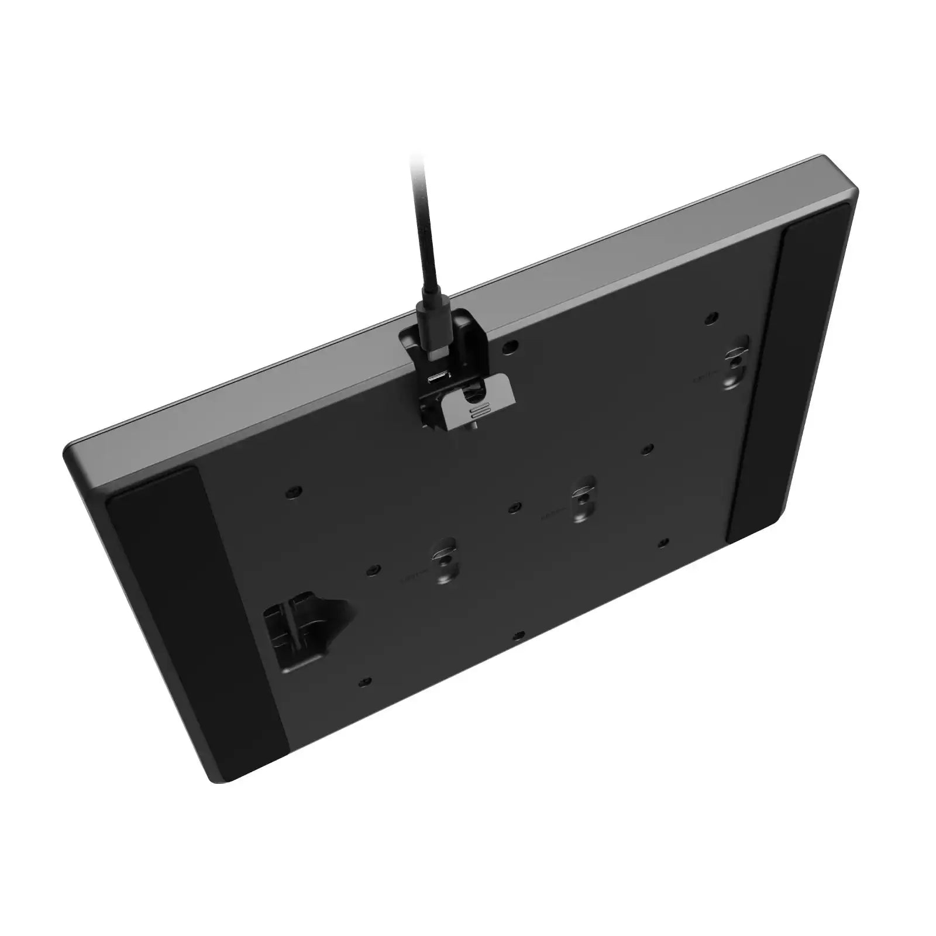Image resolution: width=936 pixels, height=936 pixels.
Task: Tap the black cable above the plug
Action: (422, 234)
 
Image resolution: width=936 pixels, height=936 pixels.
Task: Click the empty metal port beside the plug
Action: (437, 378)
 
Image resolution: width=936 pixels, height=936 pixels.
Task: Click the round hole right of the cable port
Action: (510, 346)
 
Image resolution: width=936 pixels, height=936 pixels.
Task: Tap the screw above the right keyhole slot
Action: (710, 317)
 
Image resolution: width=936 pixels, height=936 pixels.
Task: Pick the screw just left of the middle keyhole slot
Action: (513, 507)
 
